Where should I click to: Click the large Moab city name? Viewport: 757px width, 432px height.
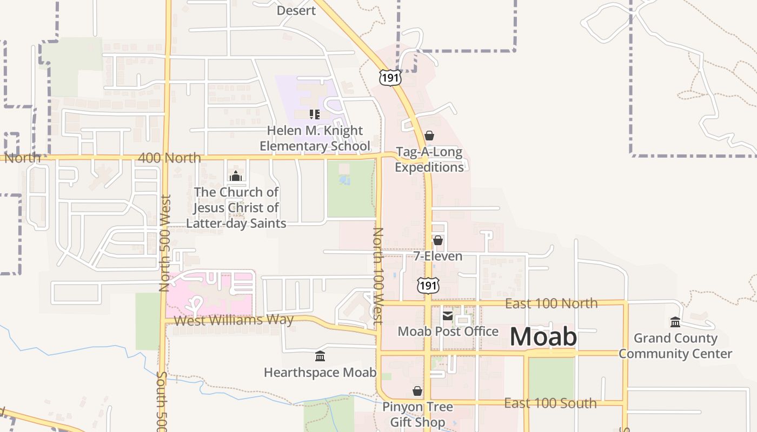543,337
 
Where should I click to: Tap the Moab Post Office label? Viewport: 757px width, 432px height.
448,331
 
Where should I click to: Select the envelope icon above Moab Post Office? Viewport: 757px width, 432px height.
448,315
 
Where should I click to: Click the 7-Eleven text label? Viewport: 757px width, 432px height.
438,256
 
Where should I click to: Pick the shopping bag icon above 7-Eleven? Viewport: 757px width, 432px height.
438,240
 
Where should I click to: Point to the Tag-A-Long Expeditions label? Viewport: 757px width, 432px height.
429,159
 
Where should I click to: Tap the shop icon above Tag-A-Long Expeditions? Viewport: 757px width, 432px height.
429,136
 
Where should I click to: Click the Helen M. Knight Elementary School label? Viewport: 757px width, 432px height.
315,138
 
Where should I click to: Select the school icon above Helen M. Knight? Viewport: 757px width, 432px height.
315,114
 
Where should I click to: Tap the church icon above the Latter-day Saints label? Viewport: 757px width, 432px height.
235,176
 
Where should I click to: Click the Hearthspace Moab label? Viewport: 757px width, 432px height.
320,373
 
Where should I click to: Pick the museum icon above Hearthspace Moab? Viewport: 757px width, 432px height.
320,356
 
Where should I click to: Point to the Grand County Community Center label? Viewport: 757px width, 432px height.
675,346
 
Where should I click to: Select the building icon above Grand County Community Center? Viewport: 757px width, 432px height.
675,322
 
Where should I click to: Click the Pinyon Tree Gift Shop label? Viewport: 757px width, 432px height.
417,414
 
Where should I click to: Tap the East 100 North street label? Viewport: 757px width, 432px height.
551,303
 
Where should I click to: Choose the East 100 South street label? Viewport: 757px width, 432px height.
550,403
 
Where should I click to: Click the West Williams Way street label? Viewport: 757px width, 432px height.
234,320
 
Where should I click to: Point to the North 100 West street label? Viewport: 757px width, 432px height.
378,275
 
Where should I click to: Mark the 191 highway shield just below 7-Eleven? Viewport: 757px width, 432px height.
428,286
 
